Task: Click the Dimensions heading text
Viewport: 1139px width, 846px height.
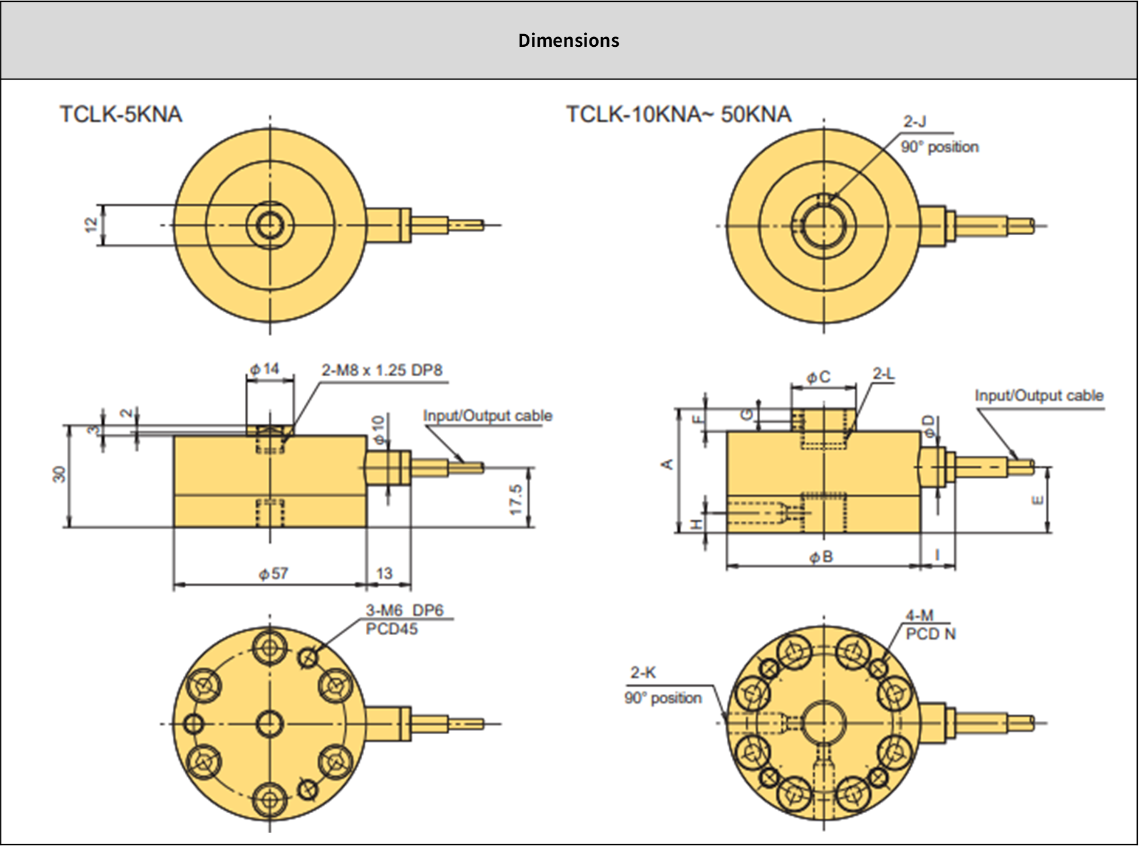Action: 568,40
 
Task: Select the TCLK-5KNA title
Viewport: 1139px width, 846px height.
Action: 120,114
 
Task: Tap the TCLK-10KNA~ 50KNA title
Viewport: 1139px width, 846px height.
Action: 678,114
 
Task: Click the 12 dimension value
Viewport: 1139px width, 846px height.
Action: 91,225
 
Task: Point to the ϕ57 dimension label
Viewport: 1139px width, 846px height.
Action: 274,573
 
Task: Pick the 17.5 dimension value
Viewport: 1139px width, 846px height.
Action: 516,500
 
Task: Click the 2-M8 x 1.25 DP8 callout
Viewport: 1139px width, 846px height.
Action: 382,370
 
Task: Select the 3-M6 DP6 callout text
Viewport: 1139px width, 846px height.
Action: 404,610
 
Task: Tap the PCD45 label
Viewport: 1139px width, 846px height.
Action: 391,629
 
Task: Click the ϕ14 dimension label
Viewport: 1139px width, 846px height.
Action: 264,369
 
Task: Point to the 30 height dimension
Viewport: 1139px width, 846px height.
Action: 59,474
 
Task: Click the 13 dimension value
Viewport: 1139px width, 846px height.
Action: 384,573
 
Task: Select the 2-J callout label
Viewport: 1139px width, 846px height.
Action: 915,122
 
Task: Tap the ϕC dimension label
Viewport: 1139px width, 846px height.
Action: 818,377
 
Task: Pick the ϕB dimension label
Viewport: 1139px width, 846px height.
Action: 821,557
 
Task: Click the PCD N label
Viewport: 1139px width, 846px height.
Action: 931,634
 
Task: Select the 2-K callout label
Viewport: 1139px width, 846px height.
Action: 643,672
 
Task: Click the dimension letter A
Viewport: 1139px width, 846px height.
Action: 667,464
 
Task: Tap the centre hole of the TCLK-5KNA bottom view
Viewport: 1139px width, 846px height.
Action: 269,724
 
